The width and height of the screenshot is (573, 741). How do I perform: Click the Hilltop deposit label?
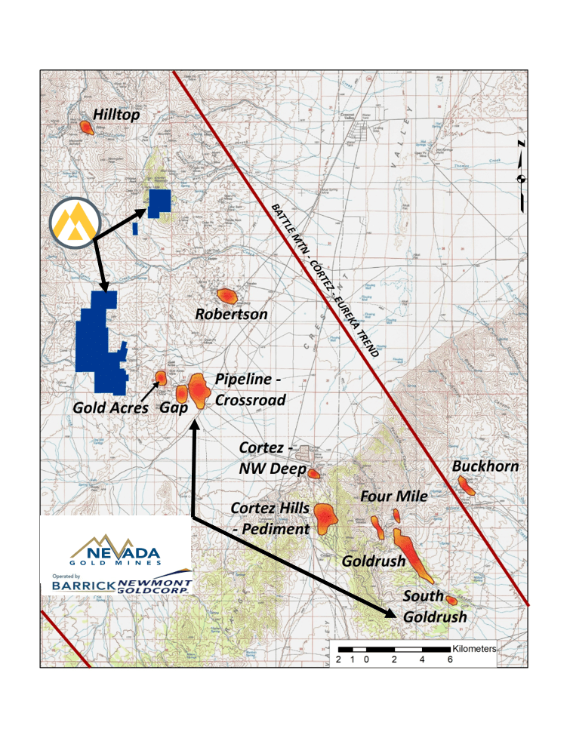pos(116,114)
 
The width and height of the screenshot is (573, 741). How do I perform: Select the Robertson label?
pos(231,314)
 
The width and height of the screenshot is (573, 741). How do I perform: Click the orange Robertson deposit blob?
pos(226,296)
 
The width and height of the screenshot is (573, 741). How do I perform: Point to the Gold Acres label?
pos(110,407)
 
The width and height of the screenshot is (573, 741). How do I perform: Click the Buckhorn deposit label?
pos(485,466)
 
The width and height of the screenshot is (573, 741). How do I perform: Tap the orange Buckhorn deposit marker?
pos(466,485)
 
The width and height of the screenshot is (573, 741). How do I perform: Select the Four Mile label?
pos(393,497)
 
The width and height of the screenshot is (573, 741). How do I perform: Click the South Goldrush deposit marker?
pos(451,600)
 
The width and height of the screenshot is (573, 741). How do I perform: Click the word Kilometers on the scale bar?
pos(473,649)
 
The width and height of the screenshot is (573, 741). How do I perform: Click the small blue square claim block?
pos(159,204)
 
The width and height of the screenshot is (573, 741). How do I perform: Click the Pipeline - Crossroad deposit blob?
pos(199,389)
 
